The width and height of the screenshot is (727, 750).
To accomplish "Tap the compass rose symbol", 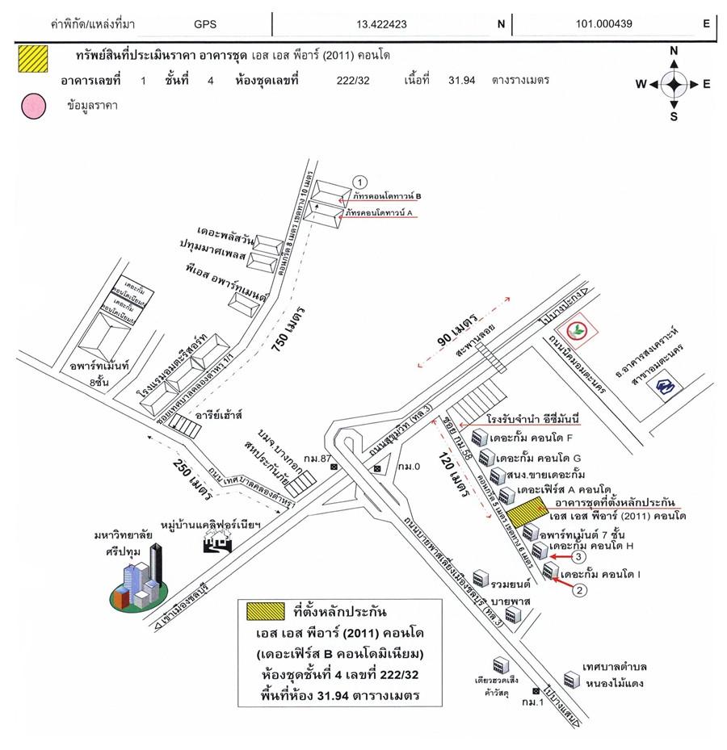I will pyautogui.click(x=674, y=84).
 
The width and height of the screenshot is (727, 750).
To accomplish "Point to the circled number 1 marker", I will pyautogui.click(x=361, y=180).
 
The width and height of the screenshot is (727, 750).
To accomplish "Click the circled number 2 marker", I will pyautogui.click(x=578, y=590).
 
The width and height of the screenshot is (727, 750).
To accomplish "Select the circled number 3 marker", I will pyautogui.click(x=578, y=557).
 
